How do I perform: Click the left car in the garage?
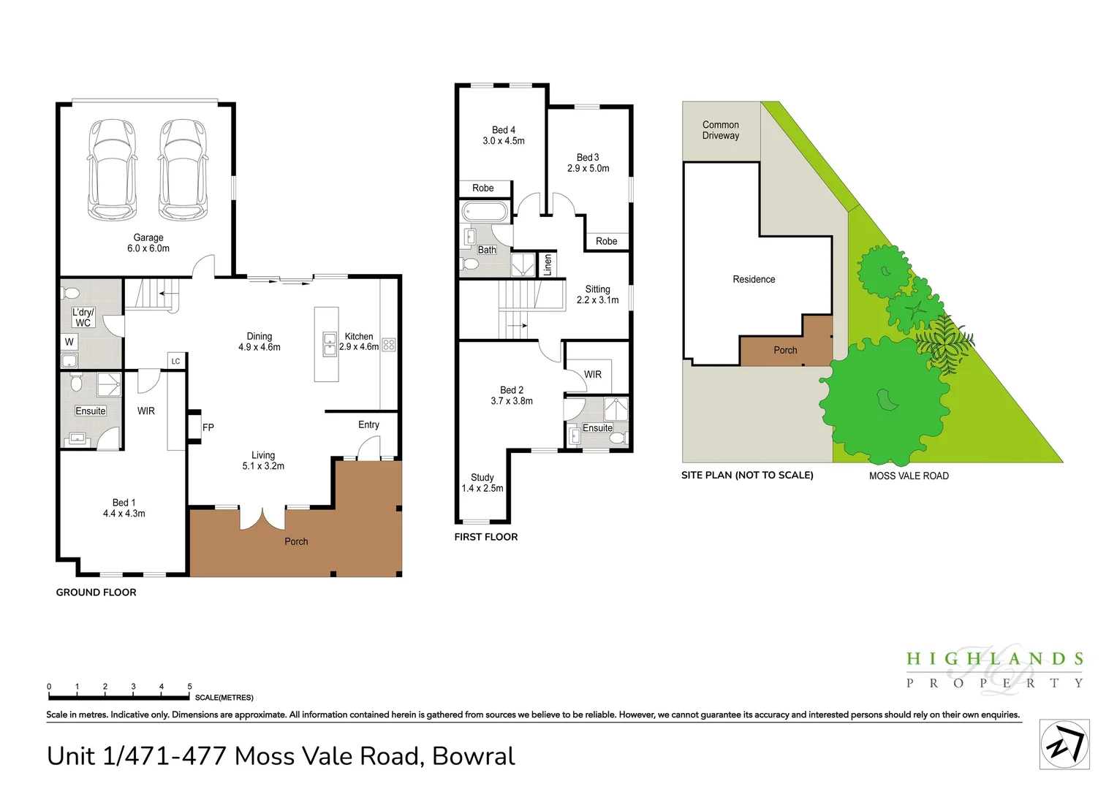point(112,169)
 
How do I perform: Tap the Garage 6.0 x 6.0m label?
point(148,243)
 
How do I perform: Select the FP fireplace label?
point(208,427)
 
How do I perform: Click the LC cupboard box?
point(175,361)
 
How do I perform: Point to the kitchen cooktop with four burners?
point(389,344)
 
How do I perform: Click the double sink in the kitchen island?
point(330,344)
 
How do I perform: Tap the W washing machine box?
point(69,342)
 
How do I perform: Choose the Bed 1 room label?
point(124,508)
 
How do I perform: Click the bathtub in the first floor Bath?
point(485,212)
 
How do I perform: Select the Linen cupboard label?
point(548,264)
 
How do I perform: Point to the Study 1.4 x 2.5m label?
point(482,482)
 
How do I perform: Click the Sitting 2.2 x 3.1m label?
point(597,294)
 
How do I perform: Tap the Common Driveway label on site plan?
point(721,130)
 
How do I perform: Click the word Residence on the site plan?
point(754,279)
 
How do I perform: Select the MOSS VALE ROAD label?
point(909,476)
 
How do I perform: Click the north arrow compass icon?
point(1064,744)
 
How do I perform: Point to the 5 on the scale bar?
point(189,686)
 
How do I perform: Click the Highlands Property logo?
point(994,670)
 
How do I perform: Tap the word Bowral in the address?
point(473,755)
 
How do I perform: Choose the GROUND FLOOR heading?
point(96,592)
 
